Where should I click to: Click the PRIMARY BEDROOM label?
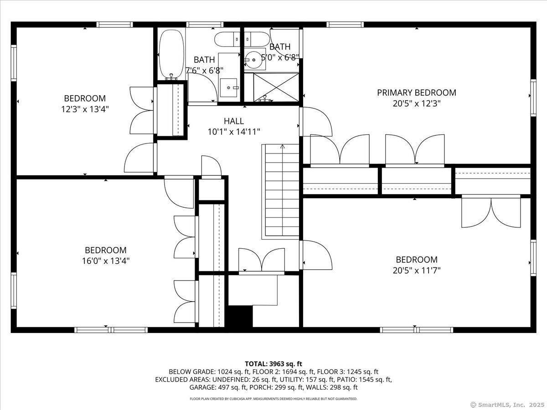pyautogui.click(x=416, y=92)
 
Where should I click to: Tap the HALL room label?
pyautogui.click(x=233, y=121)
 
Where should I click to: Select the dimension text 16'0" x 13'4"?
pyautogui.click(x=105, y=261)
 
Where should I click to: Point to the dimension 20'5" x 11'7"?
pyautogui.click(x=416, y=271)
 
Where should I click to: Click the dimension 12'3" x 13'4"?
pyautogui.click(x=84, y=109)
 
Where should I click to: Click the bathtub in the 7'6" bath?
pyautogui.click(x=171, y=54)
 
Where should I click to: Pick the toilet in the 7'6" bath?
pyautogui.click(x=228, y=40)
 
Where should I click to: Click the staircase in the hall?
pyautogui.click(x=282, y=191)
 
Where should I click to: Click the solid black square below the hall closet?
pyautogui.click(x=240, y=316)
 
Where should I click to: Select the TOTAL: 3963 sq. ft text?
pyautogui.click(x=273, y=364)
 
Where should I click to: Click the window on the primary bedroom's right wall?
pyautogui.click(x=532, y=96)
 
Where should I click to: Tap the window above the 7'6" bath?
pyautogui.click(x=204, y=25)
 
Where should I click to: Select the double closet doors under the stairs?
pyautogui.click(x=262, y=261)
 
